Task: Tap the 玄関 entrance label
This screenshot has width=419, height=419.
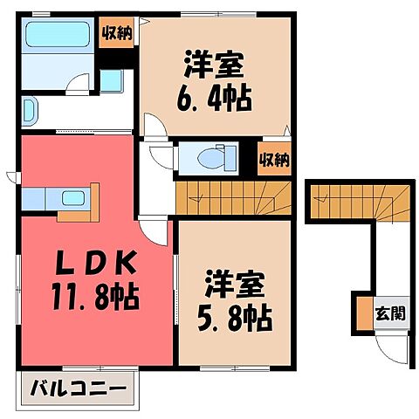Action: pos(390,313)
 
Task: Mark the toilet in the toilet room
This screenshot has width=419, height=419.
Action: pos(209,158)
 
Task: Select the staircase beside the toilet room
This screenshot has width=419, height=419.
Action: pos(231,196)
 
